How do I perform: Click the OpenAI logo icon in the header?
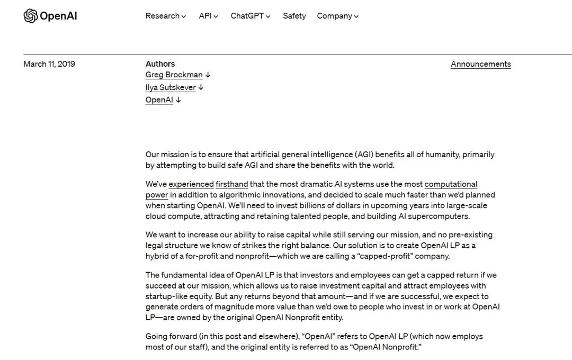coord(31,16)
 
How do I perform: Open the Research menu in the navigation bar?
coord(165,16)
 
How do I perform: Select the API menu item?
coord(208,16)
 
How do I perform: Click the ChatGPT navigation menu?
coord(250,16)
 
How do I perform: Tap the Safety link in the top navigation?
coord(294,16)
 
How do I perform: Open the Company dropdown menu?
coord(337,16)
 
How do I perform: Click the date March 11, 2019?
coord(49,64)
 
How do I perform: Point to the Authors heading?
coord(160,64)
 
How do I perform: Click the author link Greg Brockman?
coord(174,75)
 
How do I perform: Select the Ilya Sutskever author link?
coord(171,87)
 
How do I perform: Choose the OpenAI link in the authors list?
coord(159,100)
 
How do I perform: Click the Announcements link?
coord(480,64)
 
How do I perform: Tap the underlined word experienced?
coord(191,184)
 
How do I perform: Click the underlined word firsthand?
coord(231,184)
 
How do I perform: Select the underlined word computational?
coord(451,184)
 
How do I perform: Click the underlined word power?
coord(157,195)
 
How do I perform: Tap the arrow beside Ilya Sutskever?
coord(201,87)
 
